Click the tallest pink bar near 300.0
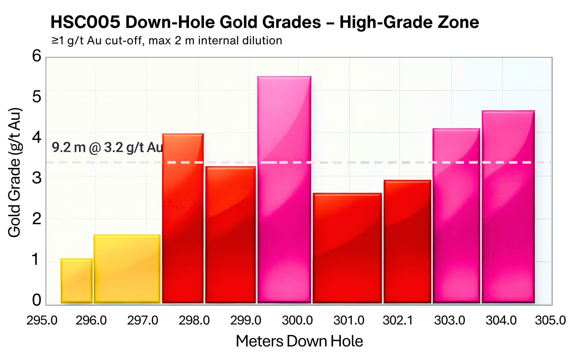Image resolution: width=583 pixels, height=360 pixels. point(284,190)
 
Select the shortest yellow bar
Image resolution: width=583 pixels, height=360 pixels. point(76,281)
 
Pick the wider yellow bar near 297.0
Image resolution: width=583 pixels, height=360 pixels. point(127,269)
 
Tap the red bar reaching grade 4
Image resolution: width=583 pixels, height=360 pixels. point(183,218)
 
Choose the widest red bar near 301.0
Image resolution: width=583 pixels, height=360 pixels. point(347,248)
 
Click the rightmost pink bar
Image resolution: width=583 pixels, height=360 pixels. point(508,207)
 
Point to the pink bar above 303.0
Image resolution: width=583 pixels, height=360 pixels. point(456,216)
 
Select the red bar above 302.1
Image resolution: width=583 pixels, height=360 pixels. point(407,241)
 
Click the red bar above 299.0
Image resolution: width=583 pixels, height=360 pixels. point(230,234)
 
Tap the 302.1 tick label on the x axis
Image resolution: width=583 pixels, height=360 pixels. point(398,321)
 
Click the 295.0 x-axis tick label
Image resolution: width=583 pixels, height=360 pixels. point(42,321)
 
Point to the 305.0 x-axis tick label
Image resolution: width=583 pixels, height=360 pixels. point(550,321)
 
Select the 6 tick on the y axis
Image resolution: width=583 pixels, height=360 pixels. point(37,56)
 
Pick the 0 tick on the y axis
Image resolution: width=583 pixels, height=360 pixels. point(37,300)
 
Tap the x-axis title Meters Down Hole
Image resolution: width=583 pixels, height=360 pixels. point(299,341)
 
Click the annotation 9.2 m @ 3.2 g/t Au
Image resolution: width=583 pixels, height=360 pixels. point(107,147)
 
